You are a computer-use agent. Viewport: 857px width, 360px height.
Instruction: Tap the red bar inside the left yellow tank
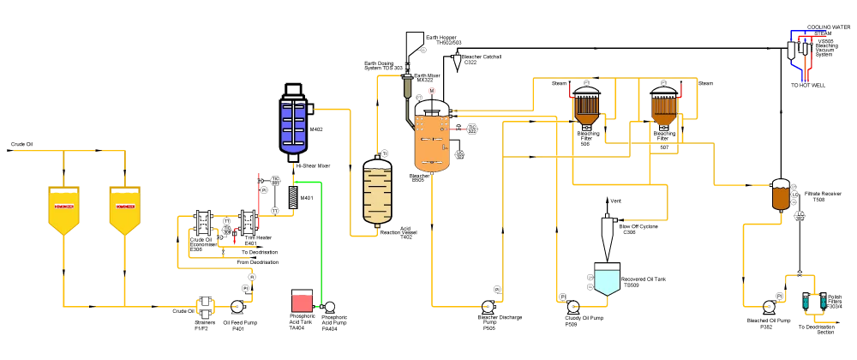click(x=64, y=207)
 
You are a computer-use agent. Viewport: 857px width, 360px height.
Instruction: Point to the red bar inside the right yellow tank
click(x=125, y=207)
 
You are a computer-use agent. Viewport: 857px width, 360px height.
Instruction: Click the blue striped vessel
click(x=293, y=127)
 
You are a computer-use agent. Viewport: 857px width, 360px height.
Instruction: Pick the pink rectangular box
click(x=302, y=303)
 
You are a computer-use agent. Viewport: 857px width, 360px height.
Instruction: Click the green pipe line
click(x=319, y=240)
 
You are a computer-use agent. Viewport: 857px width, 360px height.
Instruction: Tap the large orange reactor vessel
click(x=432, y=142)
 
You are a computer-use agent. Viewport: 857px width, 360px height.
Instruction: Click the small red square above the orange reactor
click(x=432, y=89)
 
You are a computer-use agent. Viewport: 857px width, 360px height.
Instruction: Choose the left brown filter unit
click(x=587, y=110)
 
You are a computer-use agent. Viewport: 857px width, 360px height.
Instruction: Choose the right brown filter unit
click(x=664, y=110)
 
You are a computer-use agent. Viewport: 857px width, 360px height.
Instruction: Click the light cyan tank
click(x=607, y=280)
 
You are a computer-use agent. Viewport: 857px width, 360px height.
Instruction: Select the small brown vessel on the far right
click(x=781, y=198)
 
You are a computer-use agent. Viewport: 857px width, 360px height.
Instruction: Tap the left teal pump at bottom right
click(x=807, y=303)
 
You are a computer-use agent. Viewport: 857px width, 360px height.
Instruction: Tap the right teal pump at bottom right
click(x=823, y=303)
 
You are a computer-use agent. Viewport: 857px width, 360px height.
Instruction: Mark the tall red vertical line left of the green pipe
click(x=257, y=201)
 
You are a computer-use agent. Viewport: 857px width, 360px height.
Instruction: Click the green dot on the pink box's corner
click(x=316, y=306)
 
